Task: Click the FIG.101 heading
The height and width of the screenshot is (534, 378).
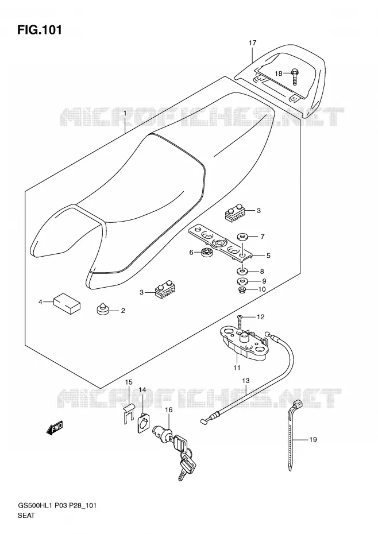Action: point(40,30)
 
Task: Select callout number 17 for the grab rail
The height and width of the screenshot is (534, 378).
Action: point(252,43)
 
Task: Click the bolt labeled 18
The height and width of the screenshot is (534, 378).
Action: point(295,76)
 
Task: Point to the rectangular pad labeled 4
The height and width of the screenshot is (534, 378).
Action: point(67,304)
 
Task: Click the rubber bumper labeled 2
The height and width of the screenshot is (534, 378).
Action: point(102,309)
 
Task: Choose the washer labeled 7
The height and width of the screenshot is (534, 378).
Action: point(242,237)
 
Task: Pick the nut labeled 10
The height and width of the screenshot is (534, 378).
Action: point(242,290)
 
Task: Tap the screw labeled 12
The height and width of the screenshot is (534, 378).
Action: point(240,321)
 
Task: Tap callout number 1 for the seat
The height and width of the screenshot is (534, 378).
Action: point(125,114)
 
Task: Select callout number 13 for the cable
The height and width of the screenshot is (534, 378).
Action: point(246,381)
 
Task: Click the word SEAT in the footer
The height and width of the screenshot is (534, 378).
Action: point(26,515)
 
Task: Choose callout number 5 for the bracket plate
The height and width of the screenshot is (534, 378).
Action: point(268,256)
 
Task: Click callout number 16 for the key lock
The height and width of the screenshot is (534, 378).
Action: point(169,410)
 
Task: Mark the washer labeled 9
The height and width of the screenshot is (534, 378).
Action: point(242,281)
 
